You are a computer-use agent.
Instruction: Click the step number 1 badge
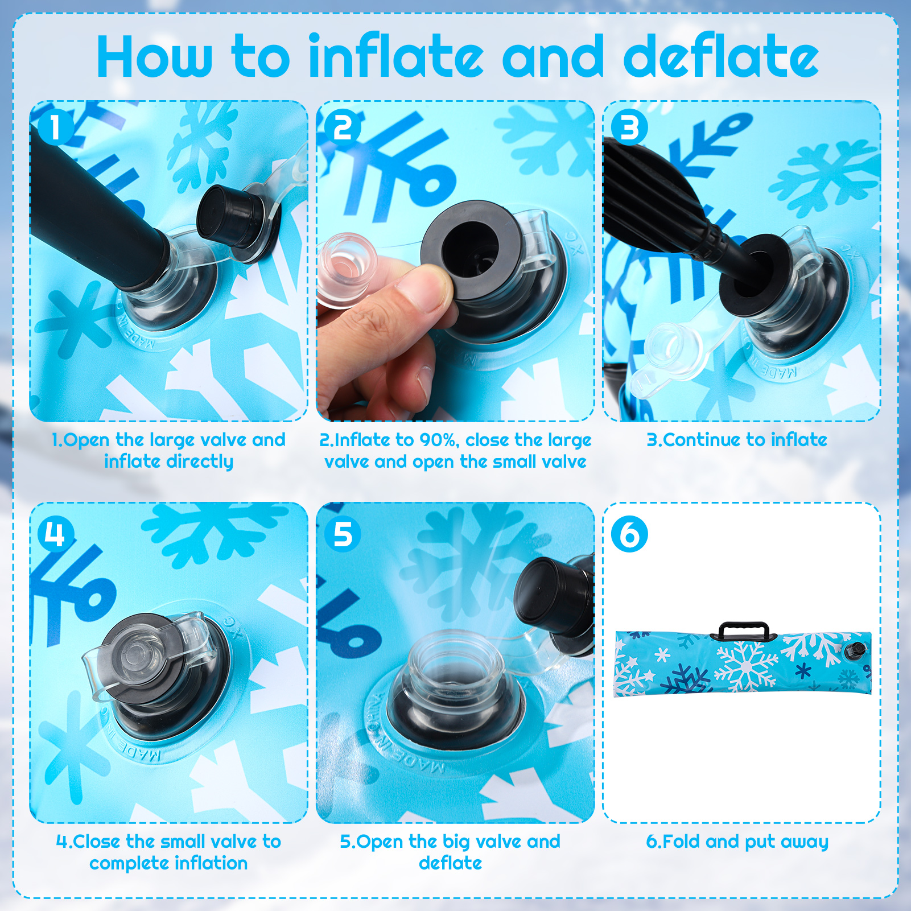click(x=56, y=127)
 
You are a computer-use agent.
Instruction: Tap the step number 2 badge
click(x=343, y=127)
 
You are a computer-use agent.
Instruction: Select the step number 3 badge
click(x=629, y=127)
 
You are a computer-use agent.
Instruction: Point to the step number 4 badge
click(x=56, y=534)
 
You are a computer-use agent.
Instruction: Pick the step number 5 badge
click(x=343, y=534)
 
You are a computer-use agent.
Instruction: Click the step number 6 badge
click(x=629, y=534)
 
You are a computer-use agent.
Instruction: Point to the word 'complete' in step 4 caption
click(x=126, y=864)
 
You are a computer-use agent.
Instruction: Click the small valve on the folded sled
click(x=853, y=649)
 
